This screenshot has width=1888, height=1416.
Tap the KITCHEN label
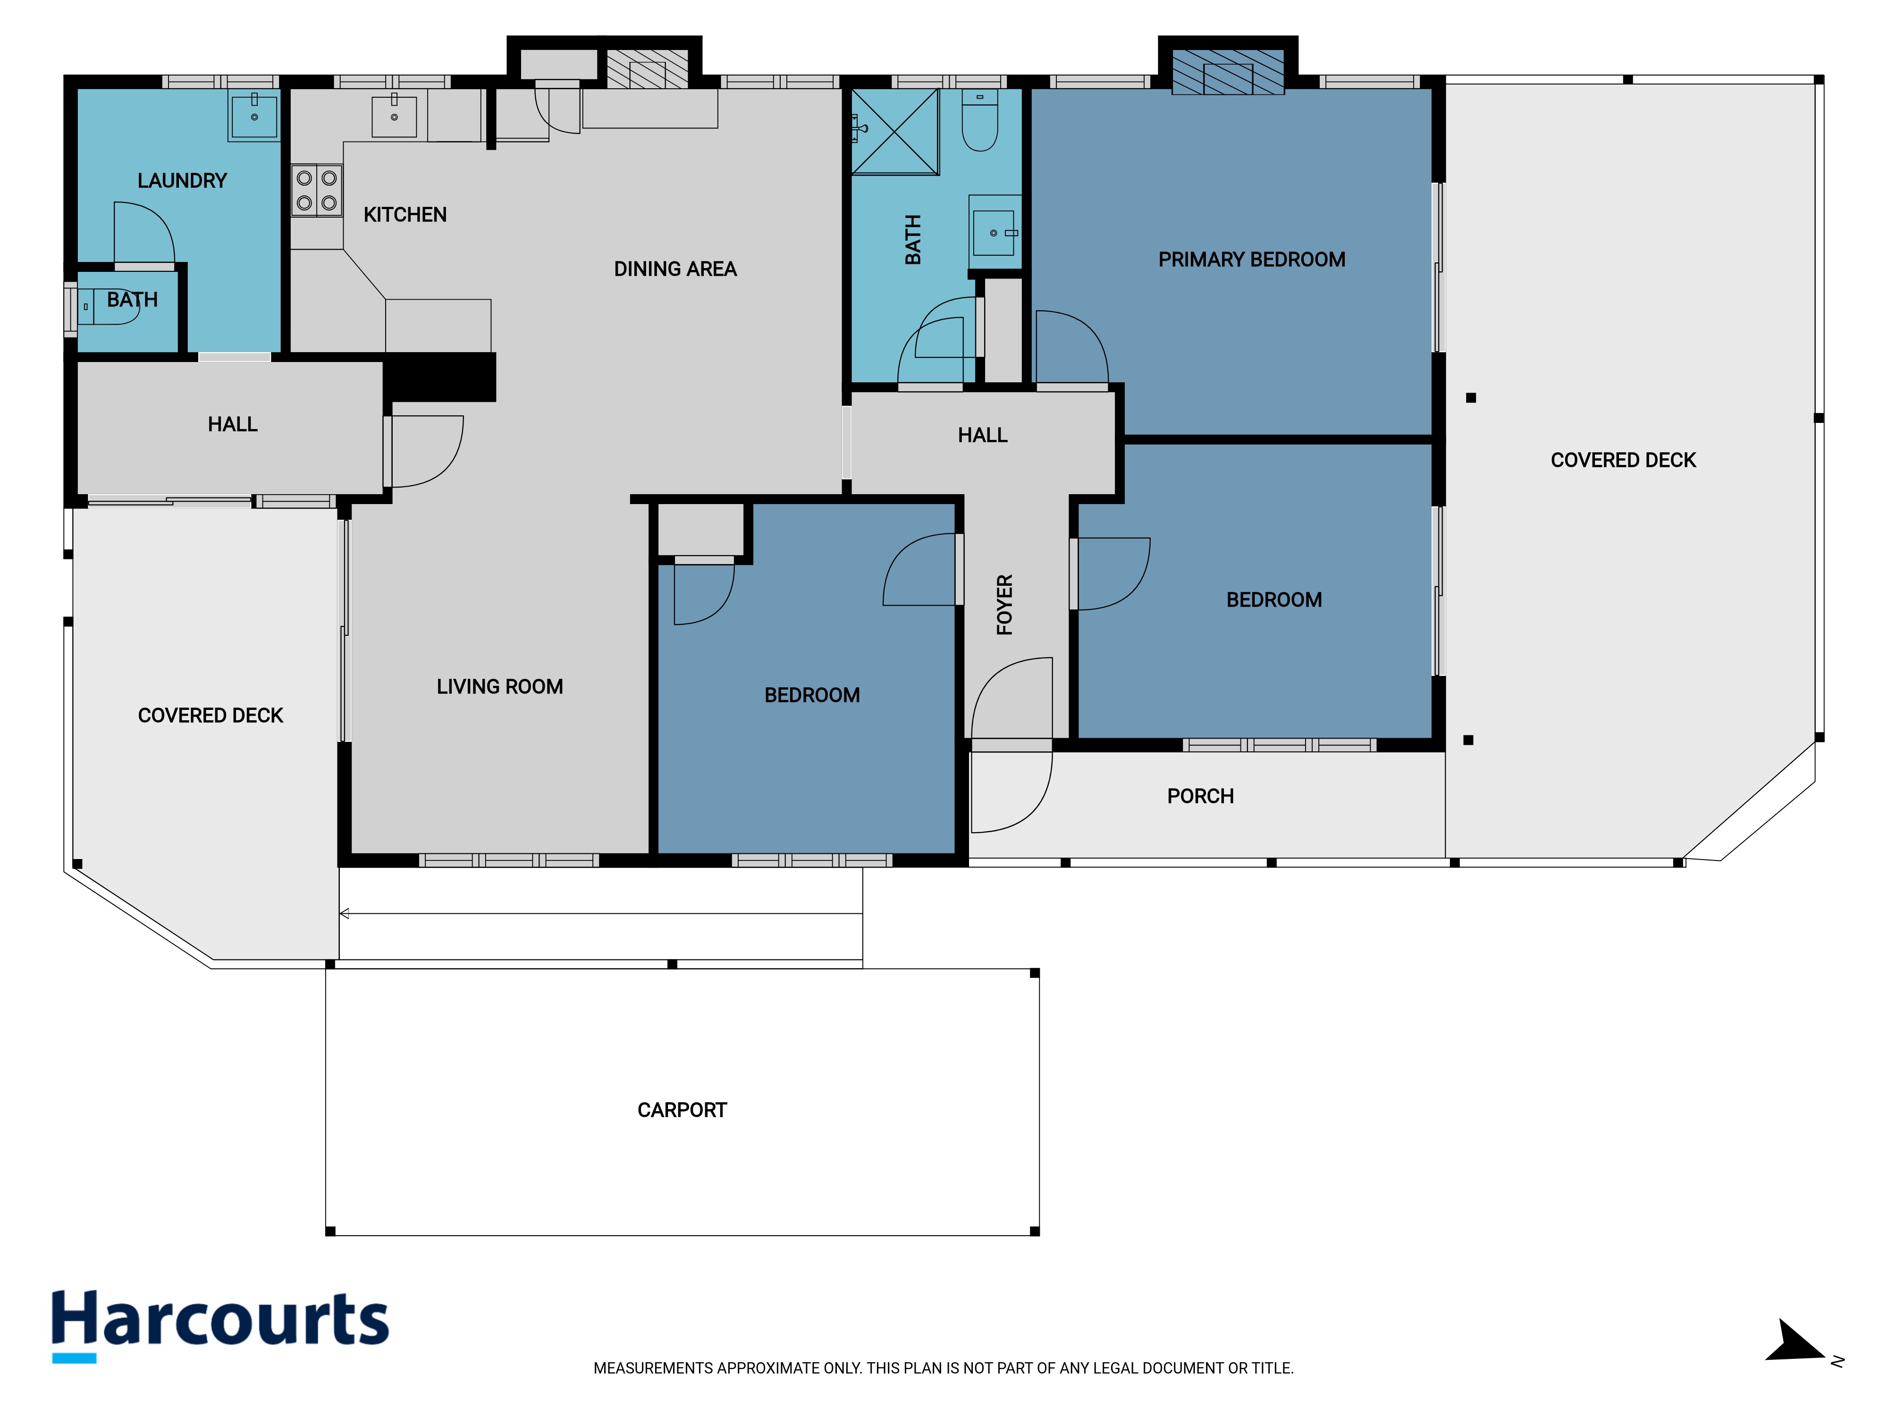click(405, 215)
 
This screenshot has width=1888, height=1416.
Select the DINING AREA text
click(675, 270)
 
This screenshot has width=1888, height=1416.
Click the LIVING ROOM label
click(500, 687)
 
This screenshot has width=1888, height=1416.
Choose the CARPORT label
click(682, 1111)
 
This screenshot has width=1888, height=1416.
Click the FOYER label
click(1004, 605)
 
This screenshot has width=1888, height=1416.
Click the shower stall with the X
click(895, 132)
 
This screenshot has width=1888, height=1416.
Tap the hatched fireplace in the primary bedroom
click(1227, 72)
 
